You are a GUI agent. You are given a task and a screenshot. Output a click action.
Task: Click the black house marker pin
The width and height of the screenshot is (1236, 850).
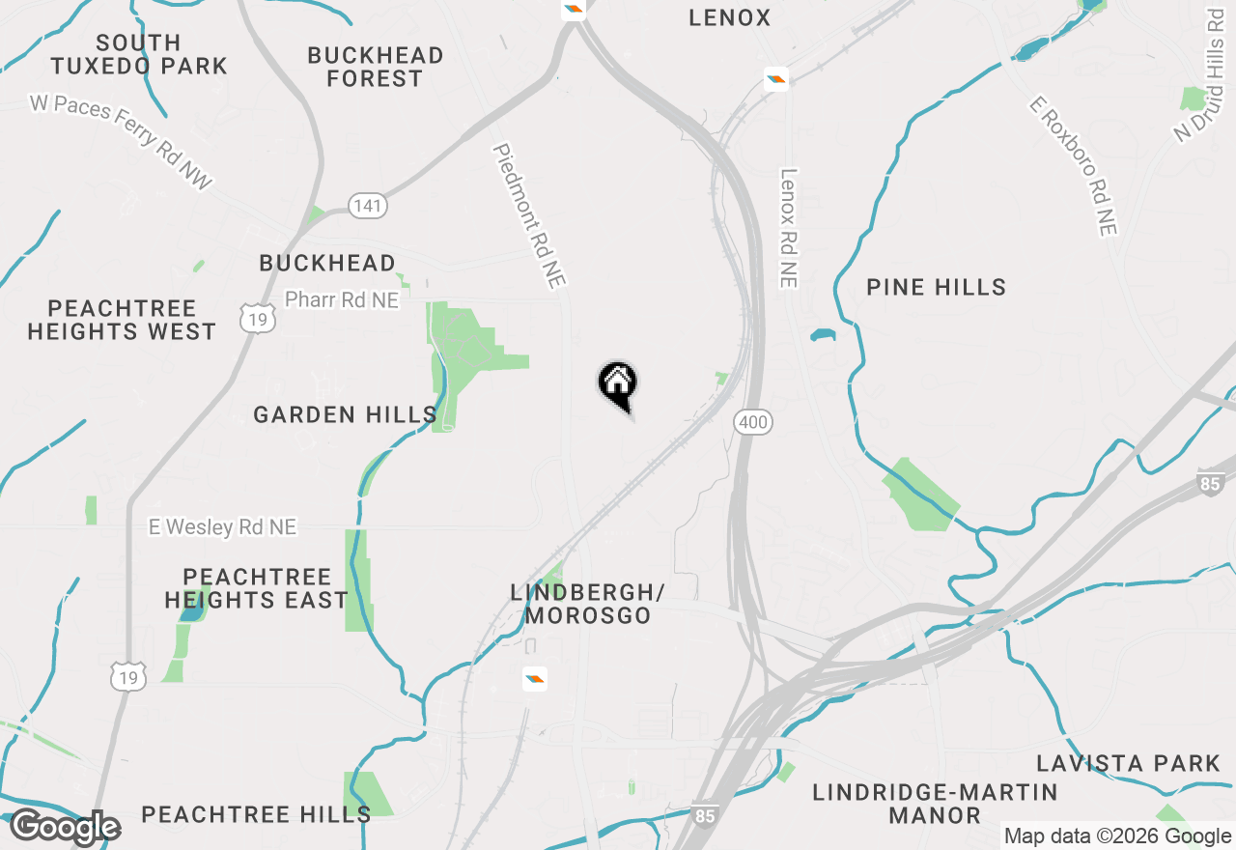coord(618,384)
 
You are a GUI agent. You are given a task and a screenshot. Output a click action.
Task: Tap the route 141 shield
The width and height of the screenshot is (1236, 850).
coord(368,206)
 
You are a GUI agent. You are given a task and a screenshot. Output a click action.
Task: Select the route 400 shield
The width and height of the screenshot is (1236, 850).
coord(752,421)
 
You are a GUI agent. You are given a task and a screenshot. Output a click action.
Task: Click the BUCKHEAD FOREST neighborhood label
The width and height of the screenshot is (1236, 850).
coord(376,67)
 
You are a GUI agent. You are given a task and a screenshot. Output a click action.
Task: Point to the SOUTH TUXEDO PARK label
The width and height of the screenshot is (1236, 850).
coord(139,55)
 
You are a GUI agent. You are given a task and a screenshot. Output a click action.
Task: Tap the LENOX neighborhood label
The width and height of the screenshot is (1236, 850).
coord(730,17)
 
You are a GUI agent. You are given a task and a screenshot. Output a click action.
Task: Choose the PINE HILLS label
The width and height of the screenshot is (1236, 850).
coord(936,287)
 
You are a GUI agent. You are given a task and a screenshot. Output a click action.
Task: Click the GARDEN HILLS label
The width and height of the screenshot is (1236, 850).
coord(345,414)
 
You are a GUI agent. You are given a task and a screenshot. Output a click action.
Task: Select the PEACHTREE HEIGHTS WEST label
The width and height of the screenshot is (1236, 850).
coord(122,320)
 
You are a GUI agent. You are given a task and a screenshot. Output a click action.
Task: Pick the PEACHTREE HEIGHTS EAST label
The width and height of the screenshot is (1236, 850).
coord(256,588)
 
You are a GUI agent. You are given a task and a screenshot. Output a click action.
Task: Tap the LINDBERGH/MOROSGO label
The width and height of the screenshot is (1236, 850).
coord(588,603)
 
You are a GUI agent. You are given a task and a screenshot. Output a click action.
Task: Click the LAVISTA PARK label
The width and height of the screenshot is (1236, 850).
coord(1129,763)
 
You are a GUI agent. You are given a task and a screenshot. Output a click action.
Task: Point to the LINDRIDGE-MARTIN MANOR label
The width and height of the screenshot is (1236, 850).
coord(935,804)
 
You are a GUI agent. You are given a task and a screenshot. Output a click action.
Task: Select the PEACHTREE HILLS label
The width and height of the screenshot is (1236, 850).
coord(256,814)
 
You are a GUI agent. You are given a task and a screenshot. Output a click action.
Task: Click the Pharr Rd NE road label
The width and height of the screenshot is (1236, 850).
coord(342,300)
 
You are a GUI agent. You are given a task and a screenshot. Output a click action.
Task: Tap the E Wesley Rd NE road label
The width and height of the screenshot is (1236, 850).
coord(222,526)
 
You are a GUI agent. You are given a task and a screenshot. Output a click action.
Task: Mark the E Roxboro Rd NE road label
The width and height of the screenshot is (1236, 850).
coord(1073,165)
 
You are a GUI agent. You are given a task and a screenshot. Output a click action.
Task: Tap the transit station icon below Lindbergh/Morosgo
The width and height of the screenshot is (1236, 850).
coord(534,679)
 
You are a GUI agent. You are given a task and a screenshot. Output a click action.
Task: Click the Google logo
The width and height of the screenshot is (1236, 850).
coord(65,827)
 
